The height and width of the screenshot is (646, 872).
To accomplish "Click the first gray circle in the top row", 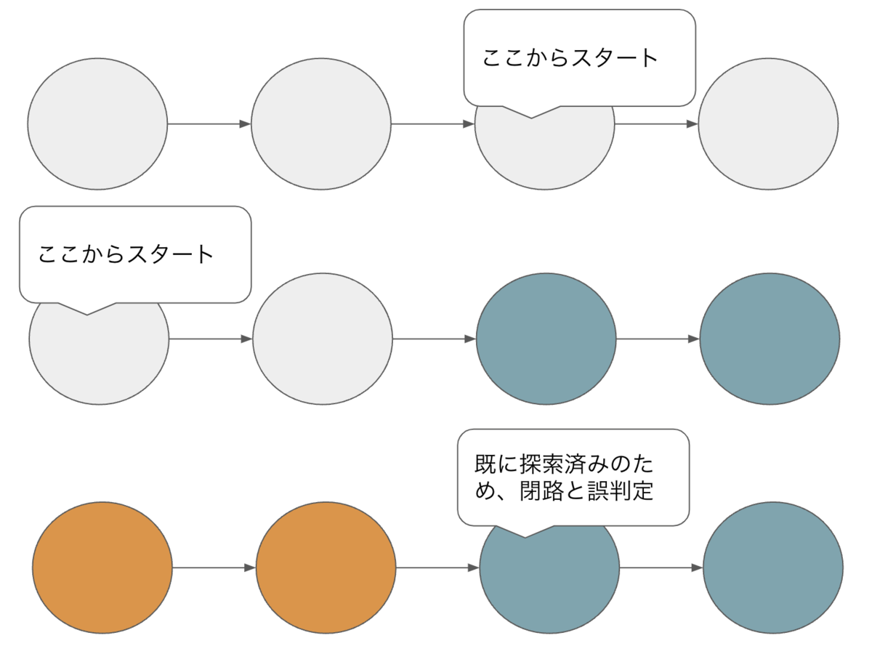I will click(97, 124).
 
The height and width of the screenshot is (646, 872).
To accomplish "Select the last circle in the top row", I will click(768, 124).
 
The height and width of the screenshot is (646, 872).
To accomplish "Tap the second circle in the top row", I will click(321, 124).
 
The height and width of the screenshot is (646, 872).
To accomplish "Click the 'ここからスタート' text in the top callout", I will click(570, 58).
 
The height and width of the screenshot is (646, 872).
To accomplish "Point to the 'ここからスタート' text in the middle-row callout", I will click(126, 254).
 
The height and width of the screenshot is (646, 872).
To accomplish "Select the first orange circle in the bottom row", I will click(102, 567).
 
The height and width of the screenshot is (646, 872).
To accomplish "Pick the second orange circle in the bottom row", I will click(326, 567).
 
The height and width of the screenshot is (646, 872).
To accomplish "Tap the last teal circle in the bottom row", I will click(773, 567).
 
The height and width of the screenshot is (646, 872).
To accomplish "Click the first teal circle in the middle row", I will click(546, 339).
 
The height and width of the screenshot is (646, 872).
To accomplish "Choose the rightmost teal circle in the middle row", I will click(770, 339).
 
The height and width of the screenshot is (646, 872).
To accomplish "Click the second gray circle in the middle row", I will click(323, 339).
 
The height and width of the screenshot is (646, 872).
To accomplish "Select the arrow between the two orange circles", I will click(214, 568).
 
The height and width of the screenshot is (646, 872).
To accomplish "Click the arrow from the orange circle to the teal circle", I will click(437, 568).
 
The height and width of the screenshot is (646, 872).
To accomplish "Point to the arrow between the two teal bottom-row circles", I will click(661, 568).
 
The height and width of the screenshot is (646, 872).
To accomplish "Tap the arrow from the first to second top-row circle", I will click(209, 124).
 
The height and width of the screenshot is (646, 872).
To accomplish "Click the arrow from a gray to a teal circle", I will click(434, 339).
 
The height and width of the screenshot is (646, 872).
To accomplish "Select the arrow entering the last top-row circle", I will click(656, 124).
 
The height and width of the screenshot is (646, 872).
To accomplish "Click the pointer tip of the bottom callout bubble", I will click(525, 537).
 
